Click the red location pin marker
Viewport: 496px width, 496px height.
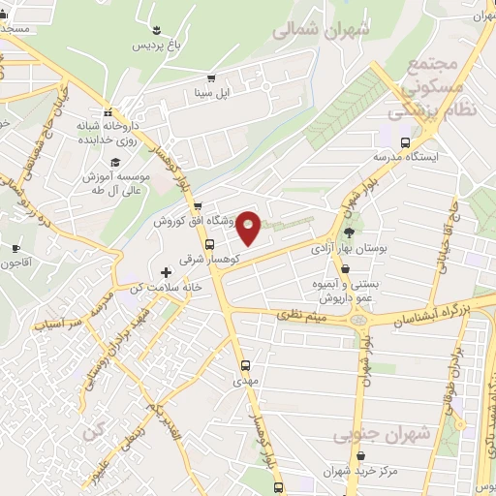click(249, 227)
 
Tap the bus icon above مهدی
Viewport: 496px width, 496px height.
click(246, 366)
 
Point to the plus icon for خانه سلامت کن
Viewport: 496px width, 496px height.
click(166, 272)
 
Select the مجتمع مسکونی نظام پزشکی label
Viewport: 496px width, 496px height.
click(426, 88)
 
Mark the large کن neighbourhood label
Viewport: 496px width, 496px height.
click(94, 429)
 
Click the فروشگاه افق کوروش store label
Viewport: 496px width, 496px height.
click(195, 222)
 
